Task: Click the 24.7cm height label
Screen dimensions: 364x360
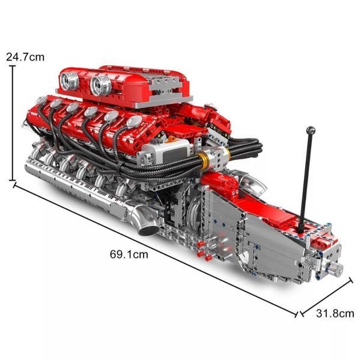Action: [x=25, y=57]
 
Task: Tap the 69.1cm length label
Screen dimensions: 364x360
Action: [x=129, y=254]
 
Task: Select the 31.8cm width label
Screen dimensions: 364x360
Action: [x=335, y=314]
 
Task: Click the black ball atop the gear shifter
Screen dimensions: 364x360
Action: [x=311, y=131]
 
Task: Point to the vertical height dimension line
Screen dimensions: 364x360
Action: [x=13, y=123]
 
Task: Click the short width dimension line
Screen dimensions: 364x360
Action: [x=327, y=296]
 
